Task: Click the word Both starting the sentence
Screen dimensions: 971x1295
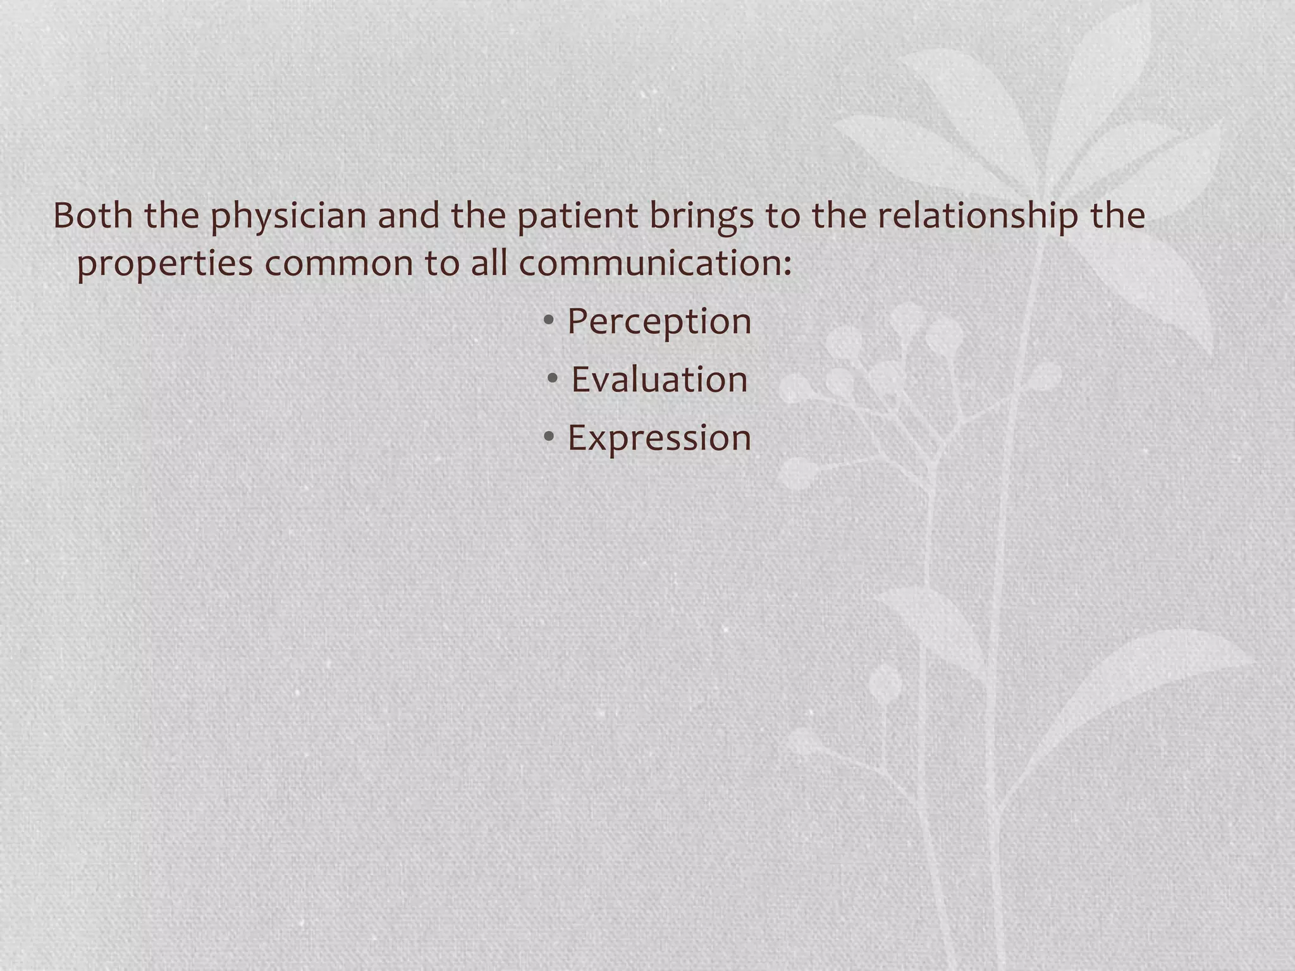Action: (92, 216)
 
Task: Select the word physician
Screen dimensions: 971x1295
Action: (288, 217)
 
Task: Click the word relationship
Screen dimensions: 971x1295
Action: (977, 217)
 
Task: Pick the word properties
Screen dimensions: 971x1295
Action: (164, 264)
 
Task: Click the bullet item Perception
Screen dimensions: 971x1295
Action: (659, 322)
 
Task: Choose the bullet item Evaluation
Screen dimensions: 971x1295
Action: (659, 380)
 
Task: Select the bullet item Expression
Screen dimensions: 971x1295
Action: (659, 438)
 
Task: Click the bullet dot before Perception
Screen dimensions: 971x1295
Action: (549, 321)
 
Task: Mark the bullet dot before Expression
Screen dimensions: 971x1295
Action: (549, 436)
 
